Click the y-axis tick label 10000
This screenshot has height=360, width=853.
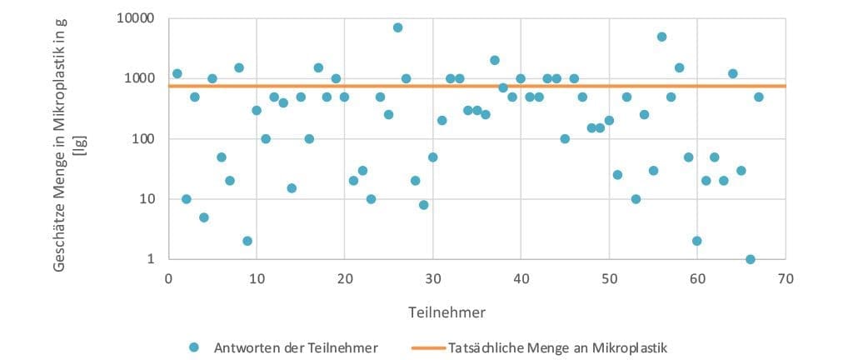(132, 18)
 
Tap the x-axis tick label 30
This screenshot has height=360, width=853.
(432, 278)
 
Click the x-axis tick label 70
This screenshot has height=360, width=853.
(785, 278)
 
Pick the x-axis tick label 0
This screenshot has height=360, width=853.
(168, 278)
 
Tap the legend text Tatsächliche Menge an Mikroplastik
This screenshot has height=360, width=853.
(557, 347)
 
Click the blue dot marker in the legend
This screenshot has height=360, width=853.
(195, 347)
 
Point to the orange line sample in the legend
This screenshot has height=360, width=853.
(426, 347)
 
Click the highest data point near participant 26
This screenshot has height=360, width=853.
(397, 27)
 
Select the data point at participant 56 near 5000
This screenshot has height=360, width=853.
(661, 37)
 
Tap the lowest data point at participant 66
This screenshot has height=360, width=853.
(750, 259)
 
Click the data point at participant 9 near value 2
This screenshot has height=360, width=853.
(247, 241)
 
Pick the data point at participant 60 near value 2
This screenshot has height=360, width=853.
(696, 241)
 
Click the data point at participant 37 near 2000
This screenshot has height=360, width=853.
(494, 60)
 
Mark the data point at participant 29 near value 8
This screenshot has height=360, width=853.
(424, 205)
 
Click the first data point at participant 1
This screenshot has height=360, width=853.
(177, 73)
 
